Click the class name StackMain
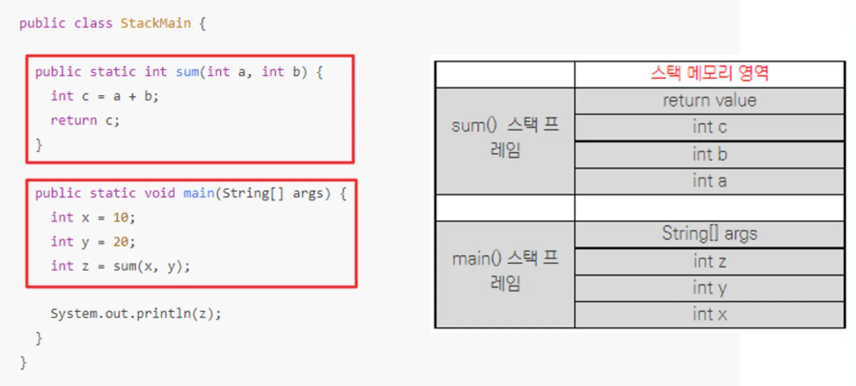(156, 23)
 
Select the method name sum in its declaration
(187, 72)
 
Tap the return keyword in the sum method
(74, 121)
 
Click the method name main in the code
(198, 193)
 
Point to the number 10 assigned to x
(121, 217)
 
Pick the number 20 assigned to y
(121, 242)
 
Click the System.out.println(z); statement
(135, 314)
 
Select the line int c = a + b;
(105, 96)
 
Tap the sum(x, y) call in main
(147, 266)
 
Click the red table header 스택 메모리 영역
(709, 73)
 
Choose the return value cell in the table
(709, 101)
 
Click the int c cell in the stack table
(709, 126)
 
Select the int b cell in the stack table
(709, 154)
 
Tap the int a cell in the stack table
(709, 181)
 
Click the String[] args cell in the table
(709, 233)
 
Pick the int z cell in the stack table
(709, 261)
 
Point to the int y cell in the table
(709, 288)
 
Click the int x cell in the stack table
(709, 314)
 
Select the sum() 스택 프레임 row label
(505, 138)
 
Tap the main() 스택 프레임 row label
(505, 271)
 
